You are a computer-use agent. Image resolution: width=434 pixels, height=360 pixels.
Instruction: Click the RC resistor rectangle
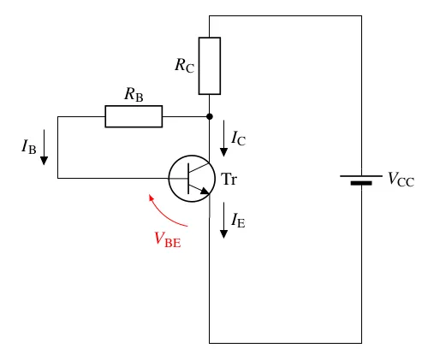pyautogui.click(x=210, y=66)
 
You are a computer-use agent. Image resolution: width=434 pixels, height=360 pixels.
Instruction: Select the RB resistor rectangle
pyautogui.click(x=134, y=116)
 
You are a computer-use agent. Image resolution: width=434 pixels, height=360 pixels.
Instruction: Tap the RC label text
pyautogui.click(x=185, y=66)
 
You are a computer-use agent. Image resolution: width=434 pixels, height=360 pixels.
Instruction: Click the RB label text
pyautogui.click(x=134, y=94)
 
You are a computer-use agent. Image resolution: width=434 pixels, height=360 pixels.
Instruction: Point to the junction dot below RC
pyautogui.click(x=210, y=116)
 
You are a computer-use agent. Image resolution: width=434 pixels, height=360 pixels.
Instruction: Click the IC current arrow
pyautogui.click(x=223, y=139)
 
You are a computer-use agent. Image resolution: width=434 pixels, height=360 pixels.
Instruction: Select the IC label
pyautogui.click(x=239, y=139)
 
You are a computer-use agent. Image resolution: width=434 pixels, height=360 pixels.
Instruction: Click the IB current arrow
pyautogui.click(x=44, y=147)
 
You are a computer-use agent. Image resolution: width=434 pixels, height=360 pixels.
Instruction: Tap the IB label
pyautogui.click(x=29, y=146)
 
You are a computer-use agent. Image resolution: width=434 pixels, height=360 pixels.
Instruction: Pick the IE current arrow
pyautogui.click(x=223, y=221)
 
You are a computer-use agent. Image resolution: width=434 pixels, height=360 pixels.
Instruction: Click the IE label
pyautogui.click(x=239, y=221)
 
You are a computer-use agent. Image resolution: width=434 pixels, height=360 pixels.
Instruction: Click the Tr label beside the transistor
pyautogui.click(x=229, y=180)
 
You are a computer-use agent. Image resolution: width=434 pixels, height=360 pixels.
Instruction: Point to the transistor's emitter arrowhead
pyautogui.click(x=205, y=191)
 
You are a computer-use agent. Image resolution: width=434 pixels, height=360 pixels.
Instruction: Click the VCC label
pyautogui.click(x=401, y=180)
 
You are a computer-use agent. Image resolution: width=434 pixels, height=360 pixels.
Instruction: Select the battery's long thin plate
pyautogui.click(x=361, y=176)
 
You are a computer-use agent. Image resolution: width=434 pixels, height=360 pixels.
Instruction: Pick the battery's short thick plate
pyautogui.click(x=361, y=183)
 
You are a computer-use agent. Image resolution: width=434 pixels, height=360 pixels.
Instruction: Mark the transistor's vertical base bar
pyautogui.click(x=188, y=179)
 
